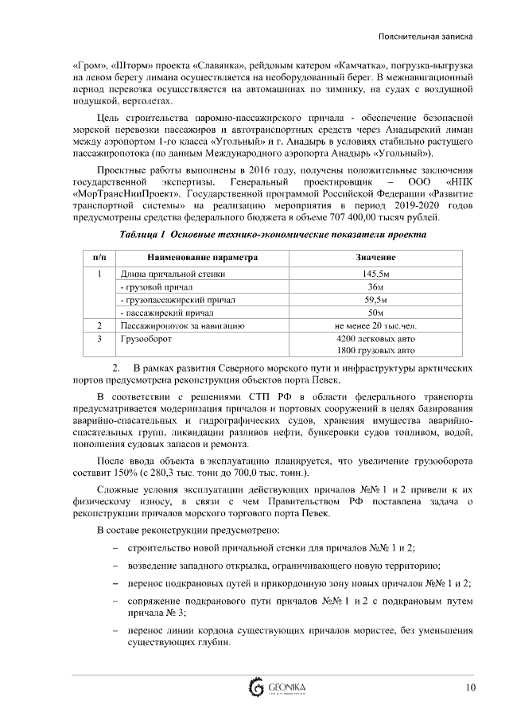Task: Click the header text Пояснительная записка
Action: point(427,37)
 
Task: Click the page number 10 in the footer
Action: point(471,687)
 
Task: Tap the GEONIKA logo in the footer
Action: point(278,687)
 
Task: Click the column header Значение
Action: point(375,258)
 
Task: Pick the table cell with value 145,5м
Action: point(375,274)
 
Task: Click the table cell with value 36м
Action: point(375,286)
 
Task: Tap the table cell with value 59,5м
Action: point(375,299)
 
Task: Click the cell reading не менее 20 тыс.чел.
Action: point(375,325)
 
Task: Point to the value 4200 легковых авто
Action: point(375,338)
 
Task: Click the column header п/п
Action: point(99,258)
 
